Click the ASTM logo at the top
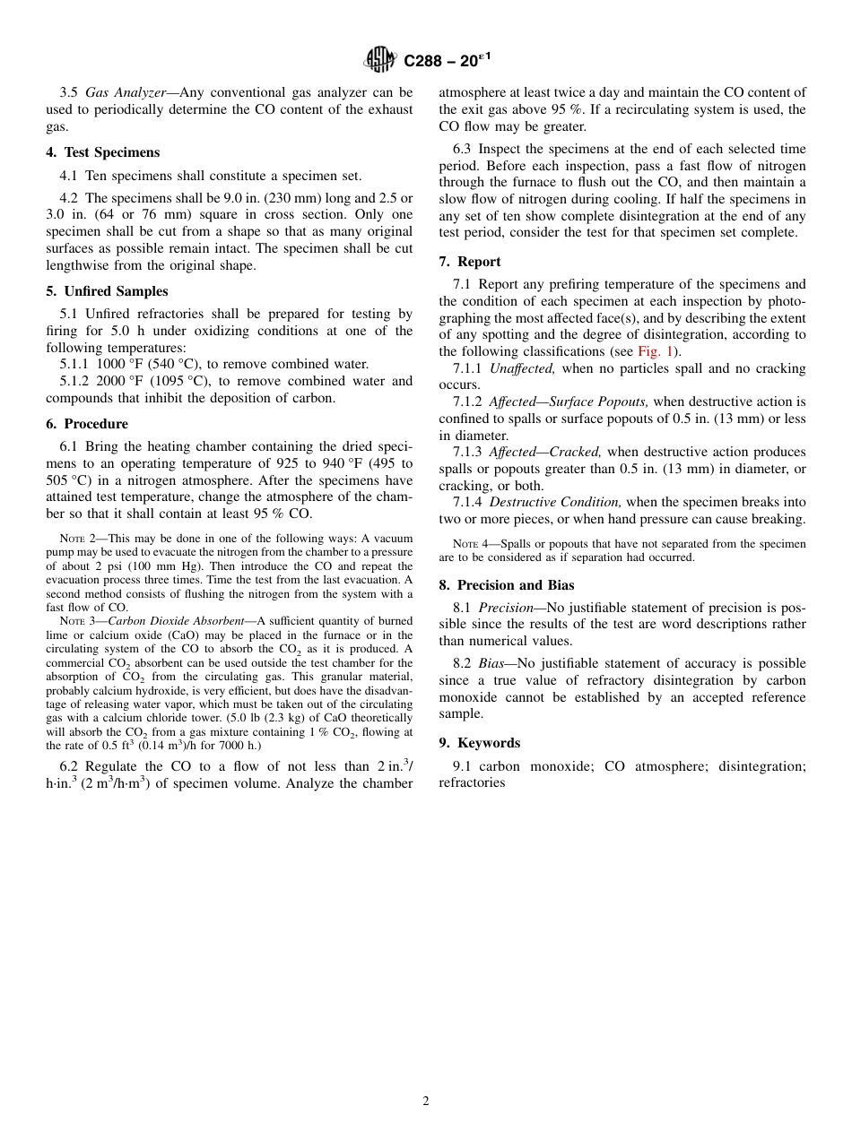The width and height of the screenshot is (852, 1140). click(381, 61)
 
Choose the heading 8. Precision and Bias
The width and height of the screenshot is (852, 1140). click(506, 585)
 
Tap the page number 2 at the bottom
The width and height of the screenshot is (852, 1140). click(426, 1101)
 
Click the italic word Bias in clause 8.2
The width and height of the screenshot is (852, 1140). click(491, 663)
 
